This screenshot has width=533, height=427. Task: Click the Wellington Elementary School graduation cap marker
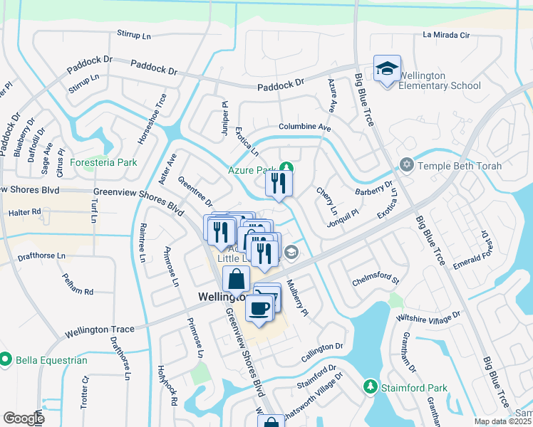(x=387, y=69)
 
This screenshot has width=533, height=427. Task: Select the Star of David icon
(x=407, y=165)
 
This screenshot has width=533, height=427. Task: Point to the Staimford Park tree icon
(x=370, y=386)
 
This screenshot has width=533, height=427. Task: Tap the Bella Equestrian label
(x=53, y=360)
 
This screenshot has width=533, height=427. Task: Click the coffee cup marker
(x=259, y=308)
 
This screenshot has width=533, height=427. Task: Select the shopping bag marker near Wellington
(x=236, y=280)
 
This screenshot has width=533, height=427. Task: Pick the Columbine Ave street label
(x=305, y=127)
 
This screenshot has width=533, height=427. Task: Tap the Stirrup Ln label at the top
(x=135, y=34)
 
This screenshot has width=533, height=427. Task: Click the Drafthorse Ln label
(x=41, y=255)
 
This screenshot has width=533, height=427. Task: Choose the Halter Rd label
(x=25, y=212)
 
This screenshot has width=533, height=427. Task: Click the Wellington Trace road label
(x=99, y=330)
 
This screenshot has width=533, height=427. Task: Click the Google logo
(x=24, y=418)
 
